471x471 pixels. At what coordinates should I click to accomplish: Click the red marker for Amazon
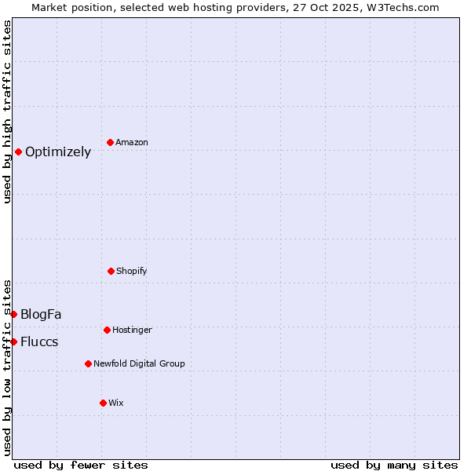pos(110,142)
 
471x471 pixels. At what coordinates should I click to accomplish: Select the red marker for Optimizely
pos(18,152)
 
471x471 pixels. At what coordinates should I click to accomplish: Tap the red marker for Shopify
pos(111,271)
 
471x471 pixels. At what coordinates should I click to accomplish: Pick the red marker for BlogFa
pos(13,314)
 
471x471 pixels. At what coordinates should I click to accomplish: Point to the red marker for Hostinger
pos(107,330)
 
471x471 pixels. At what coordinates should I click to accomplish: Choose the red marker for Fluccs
pos(13,341)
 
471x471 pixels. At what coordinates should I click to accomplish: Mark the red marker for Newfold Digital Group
pos(88,363)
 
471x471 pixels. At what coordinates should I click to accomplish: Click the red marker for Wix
pos(103,403)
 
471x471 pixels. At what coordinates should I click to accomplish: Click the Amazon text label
pos(132,142)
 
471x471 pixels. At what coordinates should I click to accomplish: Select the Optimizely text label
pos(58,152)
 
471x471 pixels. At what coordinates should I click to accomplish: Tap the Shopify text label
pos(132,271)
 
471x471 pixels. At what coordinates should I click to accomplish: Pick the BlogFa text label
pos(41,315)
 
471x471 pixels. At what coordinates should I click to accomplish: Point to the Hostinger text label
pos(132,330)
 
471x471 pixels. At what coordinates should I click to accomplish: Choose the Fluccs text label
pos(39,342)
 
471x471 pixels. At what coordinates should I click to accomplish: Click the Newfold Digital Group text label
pos(139,363)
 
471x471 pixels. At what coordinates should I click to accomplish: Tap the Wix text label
pos(116,403)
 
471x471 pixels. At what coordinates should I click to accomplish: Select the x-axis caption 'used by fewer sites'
pos(81,465)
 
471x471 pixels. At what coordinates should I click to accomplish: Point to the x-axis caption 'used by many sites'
pos(394,465)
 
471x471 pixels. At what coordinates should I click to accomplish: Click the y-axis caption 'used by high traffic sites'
pos(7,111)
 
